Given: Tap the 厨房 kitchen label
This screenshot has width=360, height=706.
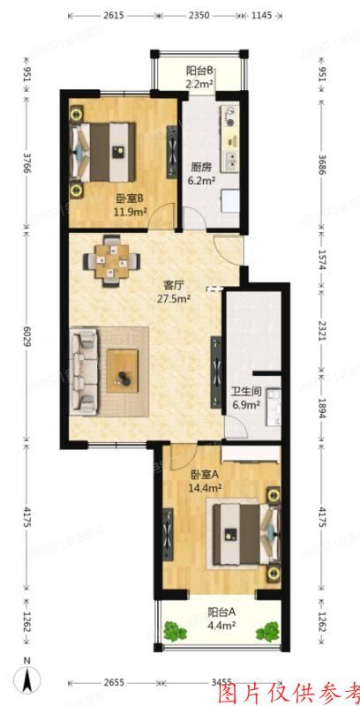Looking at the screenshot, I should click(x=200, y=167).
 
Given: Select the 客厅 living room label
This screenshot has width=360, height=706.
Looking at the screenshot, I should click(x=174, y=285).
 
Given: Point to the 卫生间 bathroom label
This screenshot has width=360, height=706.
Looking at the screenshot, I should click(x=244, y=394).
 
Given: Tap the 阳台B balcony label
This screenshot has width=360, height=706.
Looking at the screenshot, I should click(x=199, y=71).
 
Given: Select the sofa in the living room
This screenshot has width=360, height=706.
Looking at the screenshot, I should click(x=85, y=370).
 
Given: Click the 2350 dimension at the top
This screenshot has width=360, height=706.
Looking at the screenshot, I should click(x=199, y=15).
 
